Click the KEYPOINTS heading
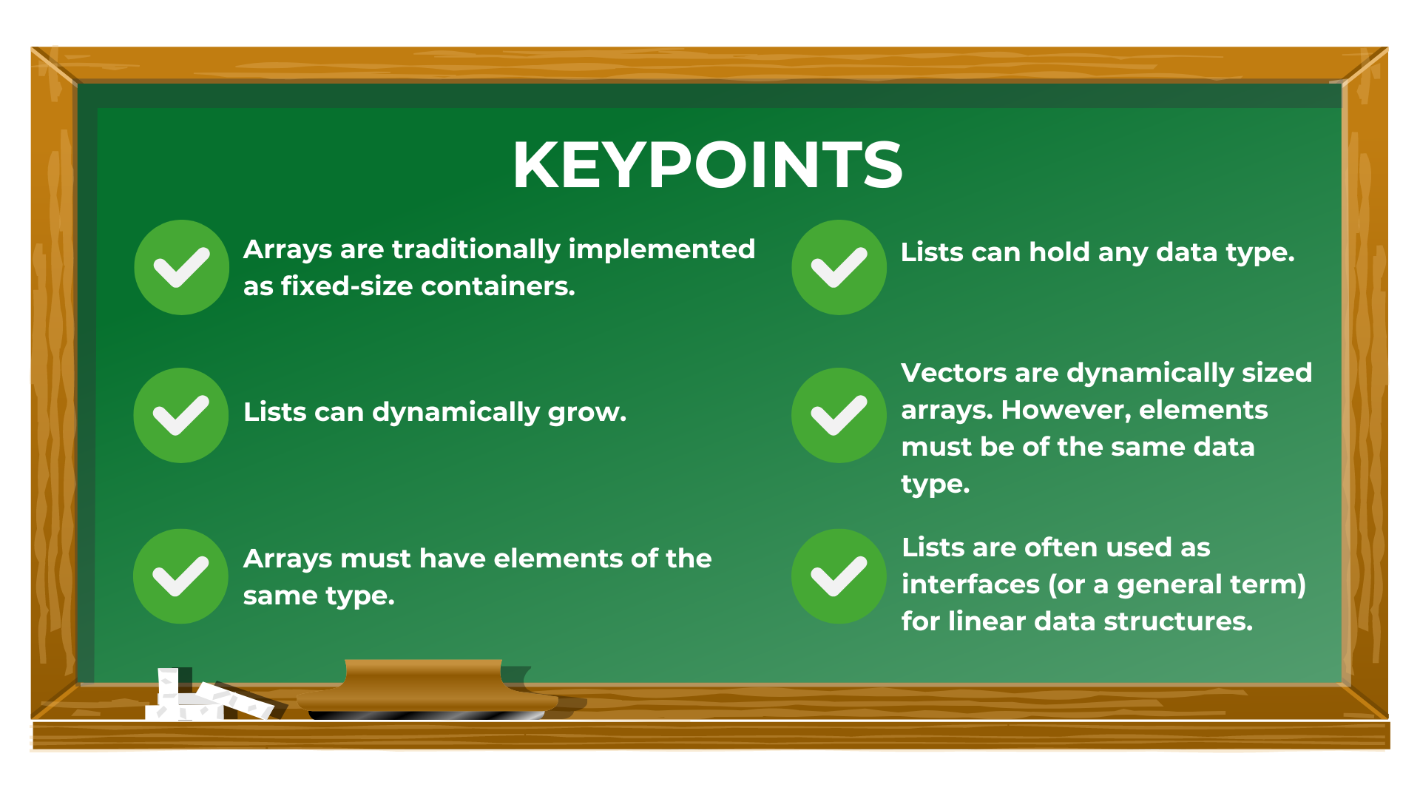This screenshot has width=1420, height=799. (707, 165)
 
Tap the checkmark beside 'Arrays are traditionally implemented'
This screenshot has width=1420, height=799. (181, 267)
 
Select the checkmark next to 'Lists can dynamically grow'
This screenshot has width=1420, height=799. (181, 415)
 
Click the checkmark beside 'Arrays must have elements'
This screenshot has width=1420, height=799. (180, 576)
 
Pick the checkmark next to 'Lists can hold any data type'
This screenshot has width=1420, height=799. (839, 267)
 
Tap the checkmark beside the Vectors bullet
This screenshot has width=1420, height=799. (839, 415)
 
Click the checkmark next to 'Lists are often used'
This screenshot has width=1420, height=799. (839, 576)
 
